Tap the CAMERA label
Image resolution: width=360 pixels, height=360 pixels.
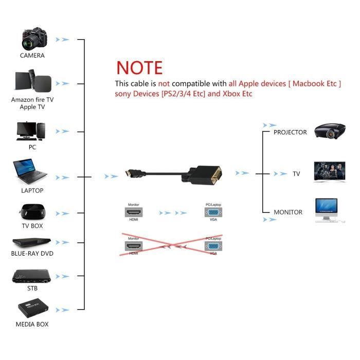point(32,56)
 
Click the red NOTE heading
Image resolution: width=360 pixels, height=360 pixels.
point(139,68)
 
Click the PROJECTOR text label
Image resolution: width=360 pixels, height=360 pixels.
point(290,132)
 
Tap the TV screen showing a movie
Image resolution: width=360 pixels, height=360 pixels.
point(329,172)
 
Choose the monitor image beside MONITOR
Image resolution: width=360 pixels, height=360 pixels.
point(327,210)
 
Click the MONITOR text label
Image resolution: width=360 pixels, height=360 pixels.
point(288,212)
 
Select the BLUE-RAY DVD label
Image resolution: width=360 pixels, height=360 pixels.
point(32,254)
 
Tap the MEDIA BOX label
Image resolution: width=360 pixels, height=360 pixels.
point(32,325)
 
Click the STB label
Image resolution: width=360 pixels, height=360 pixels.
point(32,289)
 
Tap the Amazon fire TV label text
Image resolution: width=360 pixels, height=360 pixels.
point(32,99)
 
